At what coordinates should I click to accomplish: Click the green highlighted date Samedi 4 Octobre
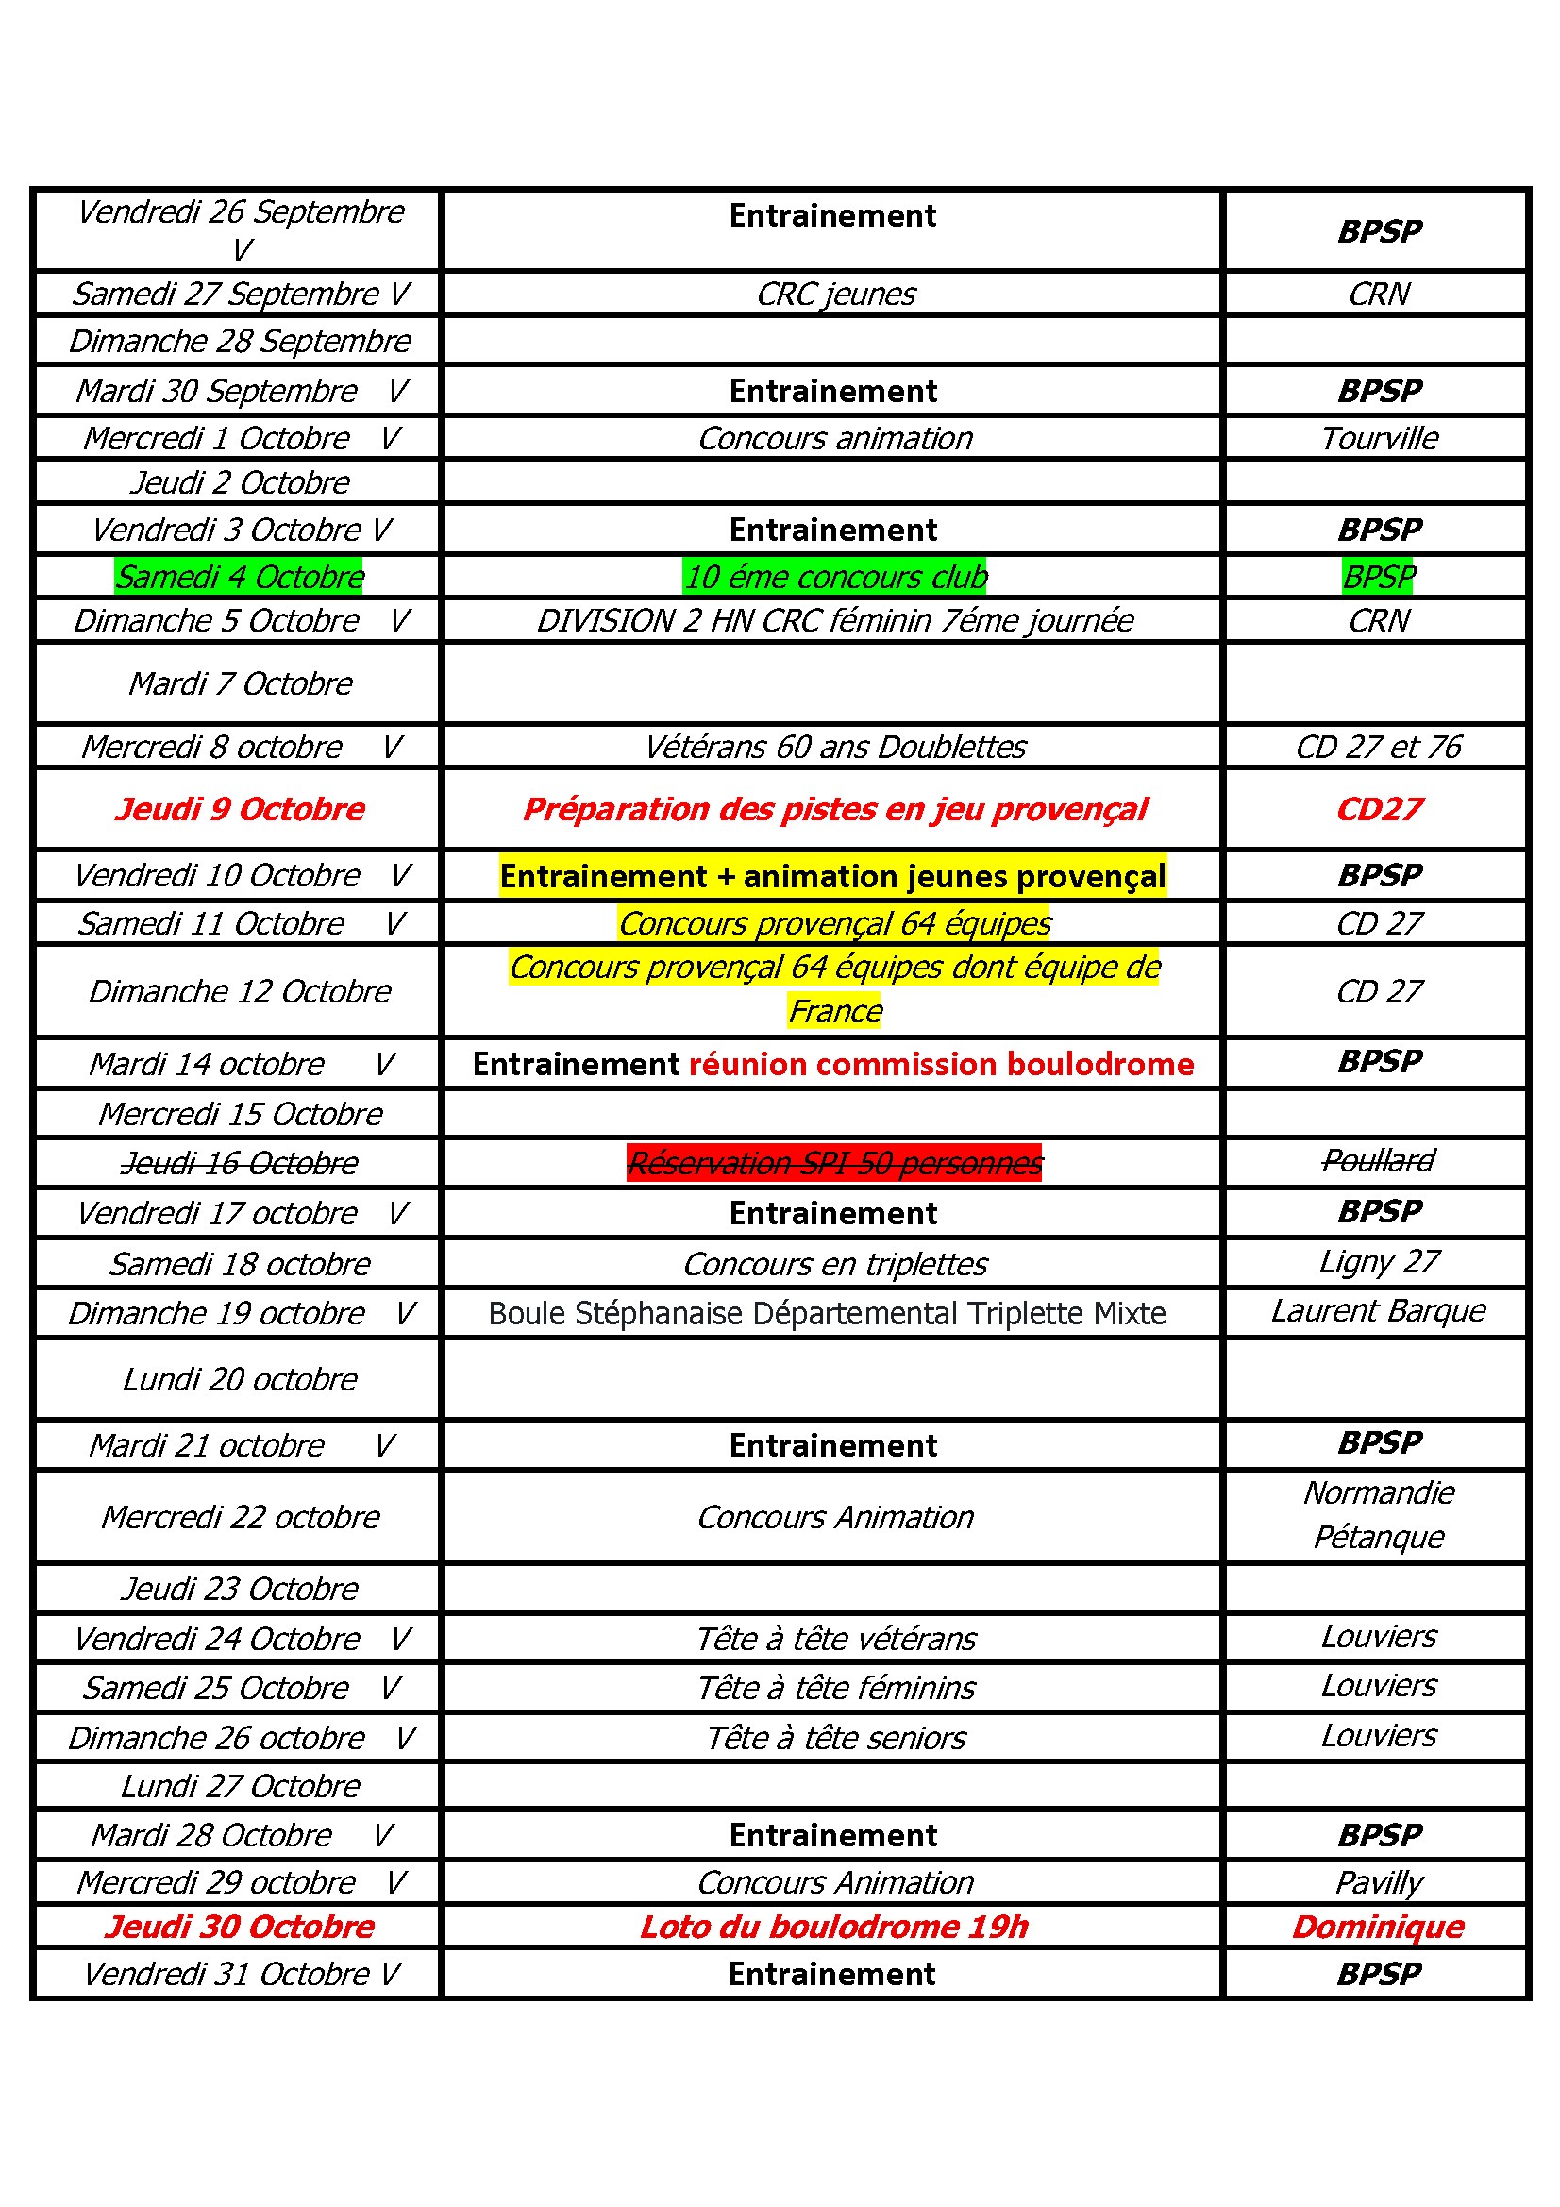[x=240, y=577]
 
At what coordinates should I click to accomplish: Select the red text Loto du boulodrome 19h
[x=833, y=1927]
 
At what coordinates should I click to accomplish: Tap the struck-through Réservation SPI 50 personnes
[x=833, y=1163]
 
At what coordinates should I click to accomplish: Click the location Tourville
[x=1379, y=438]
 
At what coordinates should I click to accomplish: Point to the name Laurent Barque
[x=1379, y=1311]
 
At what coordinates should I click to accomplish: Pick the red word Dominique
[x=1379, y=1927]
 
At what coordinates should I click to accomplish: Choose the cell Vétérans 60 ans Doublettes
[x=833, y=747]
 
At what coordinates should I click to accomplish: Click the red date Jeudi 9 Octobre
[x=240, y=809]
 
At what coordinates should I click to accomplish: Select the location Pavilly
[x=1379, y=1882]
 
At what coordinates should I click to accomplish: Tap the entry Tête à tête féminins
[x=835, y=1688]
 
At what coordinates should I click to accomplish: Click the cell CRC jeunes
[x=835, y=295]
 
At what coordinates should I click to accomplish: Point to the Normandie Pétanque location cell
[x=1379, y=1515]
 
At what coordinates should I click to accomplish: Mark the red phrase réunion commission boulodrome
[x=941, y=1064]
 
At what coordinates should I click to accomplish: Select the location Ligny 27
[x=1379, y=1262]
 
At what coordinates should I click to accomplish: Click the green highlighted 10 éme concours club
[x=835, y=577]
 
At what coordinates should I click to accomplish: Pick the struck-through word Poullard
[x=1379, y=1161]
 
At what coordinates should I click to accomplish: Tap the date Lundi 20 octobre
[x=240, y=1379]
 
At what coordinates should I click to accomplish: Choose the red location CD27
[x=1379, y=809]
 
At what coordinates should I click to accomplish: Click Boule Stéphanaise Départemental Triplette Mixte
[x=827, y=1313]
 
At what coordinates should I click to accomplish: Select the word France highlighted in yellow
[x=834, y=1011]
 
